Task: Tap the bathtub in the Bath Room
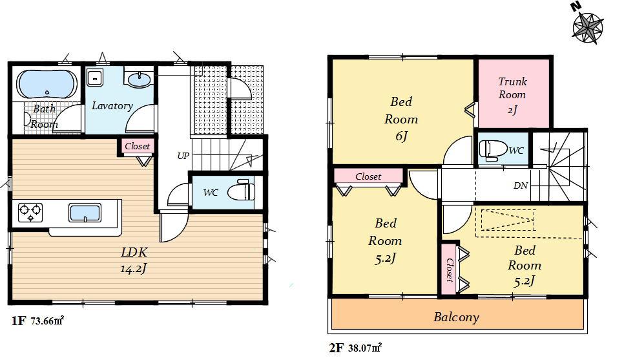click(47, 84)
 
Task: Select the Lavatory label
click(112, 106)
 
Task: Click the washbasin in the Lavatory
click(139, 79)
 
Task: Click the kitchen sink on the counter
click(84, 212)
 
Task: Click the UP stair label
click(183, 156)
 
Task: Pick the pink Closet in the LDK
click(137, 147)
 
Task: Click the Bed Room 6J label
click(401, 119)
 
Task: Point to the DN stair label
click(521, 185)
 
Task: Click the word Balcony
click(456, 317)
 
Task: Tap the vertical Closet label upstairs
click(448, 270)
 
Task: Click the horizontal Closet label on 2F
click(368, 176)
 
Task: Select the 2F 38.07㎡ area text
click(355, 348)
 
